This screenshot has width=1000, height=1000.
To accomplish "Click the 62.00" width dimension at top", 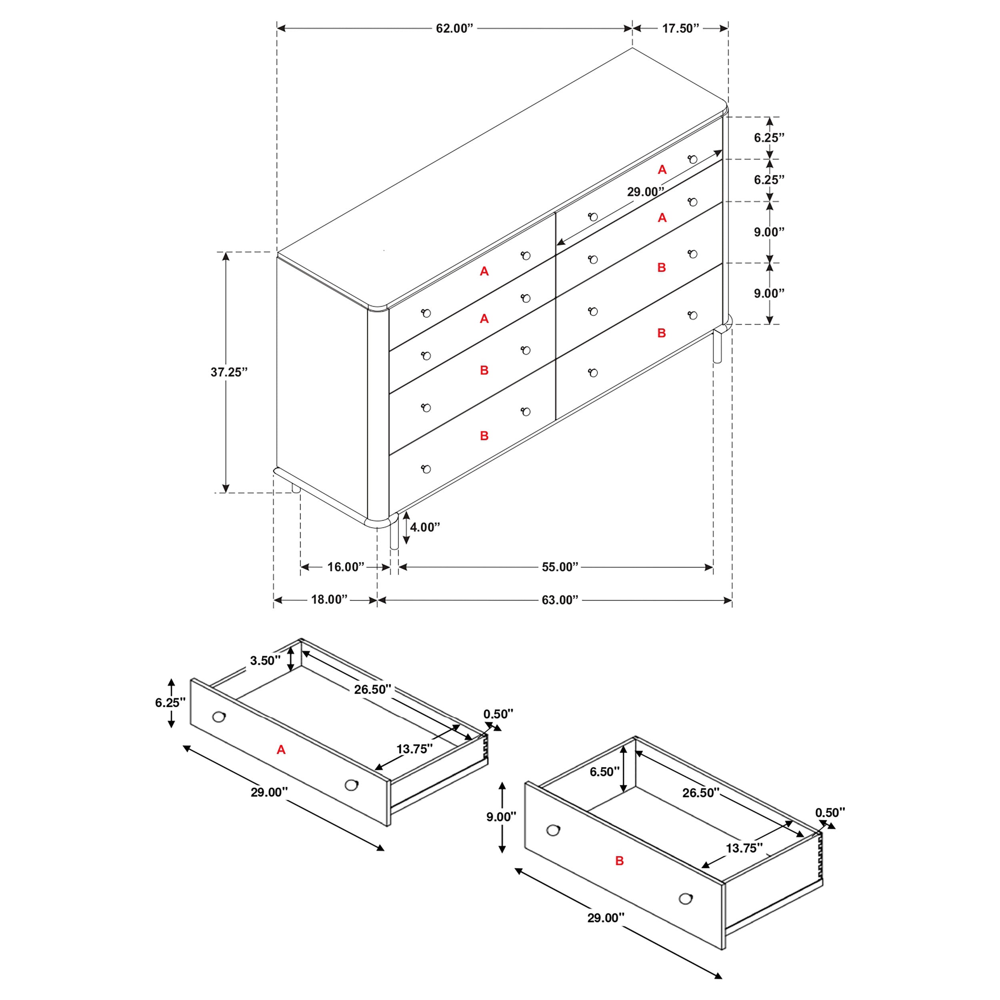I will (x=454, y=28).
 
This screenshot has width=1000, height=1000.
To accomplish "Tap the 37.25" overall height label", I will (x=229, y=372).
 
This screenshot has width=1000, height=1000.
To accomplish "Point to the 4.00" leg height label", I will (x=424, y=527).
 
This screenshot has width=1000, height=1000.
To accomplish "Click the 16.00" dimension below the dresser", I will (x=345, y=567).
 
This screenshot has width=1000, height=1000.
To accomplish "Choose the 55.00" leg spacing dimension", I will (x=560, y=567).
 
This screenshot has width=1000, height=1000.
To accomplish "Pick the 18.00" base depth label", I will (x=329, y=599).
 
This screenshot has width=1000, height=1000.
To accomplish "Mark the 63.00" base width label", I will (x=560, y=600).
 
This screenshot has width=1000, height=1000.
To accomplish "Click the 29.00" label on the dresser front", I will (x=645, y=192).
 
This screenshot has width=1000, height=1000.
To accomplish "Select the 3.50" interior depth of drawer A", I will (x=265, y=660).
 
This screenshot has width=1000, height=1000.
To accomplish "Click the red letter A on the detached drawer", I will (x=281, y=750).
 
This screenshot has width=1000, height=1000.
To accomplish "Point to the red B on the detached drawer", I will (x=619, y=861).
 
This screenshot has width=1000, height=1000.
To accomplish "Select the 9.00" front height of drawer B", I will (x=500, y=817).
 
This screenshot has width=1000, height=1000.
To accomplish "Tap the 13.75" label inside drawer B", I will (x=744, y=848).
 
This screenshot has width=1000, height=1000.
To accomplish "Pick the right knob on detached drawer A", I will (x=351, y=785).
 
